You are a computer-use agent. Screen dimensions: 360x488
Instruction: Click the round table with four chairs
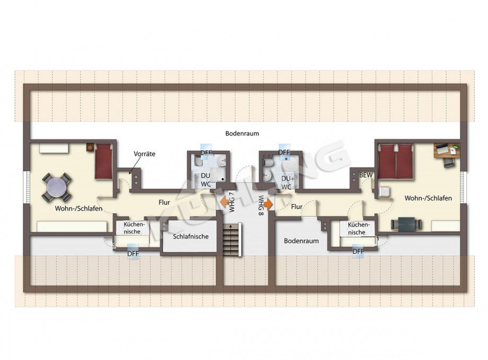point(57,186)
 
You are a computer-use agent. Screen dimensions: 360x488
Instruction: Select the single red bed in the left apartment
point(104,161)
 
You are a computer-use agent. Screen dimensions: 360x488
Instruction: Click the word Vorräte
point(144,154)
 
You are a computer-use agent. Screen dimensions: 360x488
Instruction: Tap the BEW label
point(365,175)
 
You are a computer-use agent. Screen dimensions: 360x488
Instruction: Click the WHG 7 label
point(232,203)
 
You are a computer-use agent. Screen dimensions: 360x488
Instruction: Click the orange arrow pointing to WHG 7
point(224,201)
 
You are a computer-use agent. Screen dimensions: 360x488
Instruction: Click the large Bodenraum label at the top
point(241,134)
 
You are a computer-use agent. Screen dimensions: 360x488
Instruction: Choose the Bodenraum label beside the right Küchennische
point(301,241)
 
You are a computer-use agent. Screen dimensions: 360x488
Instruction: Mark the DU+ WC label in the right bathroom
point(287,183)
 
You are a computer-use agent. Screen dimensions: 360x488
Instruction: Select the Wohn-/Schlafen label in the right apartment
point(428,198)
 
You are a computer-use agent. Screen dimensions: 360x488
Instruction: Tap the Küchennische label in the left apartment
point(133,228)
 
